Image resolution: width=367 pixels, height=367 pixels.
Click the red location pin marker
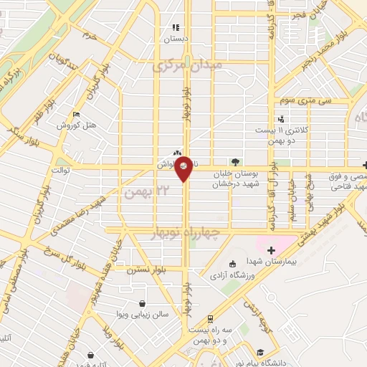184,168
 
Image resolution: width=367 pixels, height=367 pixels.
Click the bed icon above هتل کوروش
77,113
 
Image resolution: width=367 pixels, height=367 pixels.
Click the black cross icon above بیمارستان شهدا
271,250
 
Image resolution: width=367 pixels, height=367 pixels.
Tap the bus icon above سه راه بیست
209,318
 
